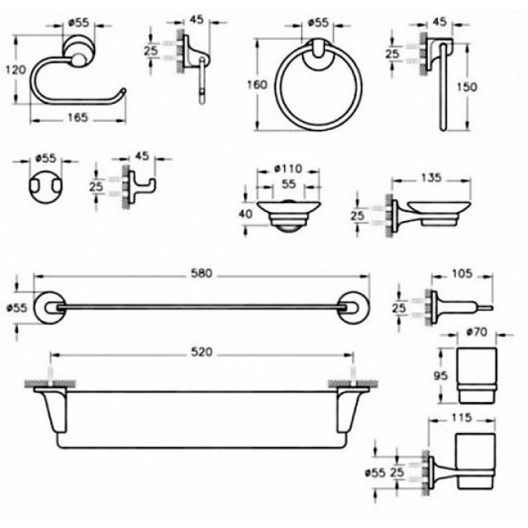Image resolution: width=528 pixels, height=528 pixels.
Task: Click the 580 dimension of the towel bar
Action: pyautogui.click(x=201, y=273)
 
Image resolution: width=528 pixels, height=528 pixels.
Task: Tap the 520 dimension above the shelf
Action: pyautogui.click(x=201, y=352)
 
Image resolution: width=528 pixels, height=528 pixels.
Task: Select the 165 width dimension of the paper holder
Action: pyautogui.click(x=78, y=118)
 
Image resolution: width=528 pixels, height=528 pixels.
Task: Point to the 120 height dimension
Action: pyautogui.click(x=15, y=70)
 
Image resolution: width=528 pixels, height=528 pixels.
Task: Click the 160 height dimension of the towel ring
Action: pyautogui.click(x=258, y=84)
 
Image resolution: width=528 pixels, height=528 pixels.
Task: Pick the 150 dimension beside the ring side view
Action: pyautogui.click(x=467, y=87)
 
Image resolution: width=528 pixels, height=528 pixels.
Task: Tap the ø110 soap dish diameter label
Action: pyautogui.click(x=288, y=168)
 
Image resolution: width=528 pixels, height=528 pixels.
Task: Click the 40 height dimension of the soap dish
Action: pyautogui.click(x=245, y=214)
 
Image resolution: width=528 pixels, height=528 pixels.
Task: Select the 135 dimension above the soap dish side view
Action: pyautogui.click(x=431, y=177)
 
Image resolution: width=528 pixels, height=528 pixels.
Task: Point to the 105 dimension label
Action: pyautogui.click(x=462, y=274)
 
